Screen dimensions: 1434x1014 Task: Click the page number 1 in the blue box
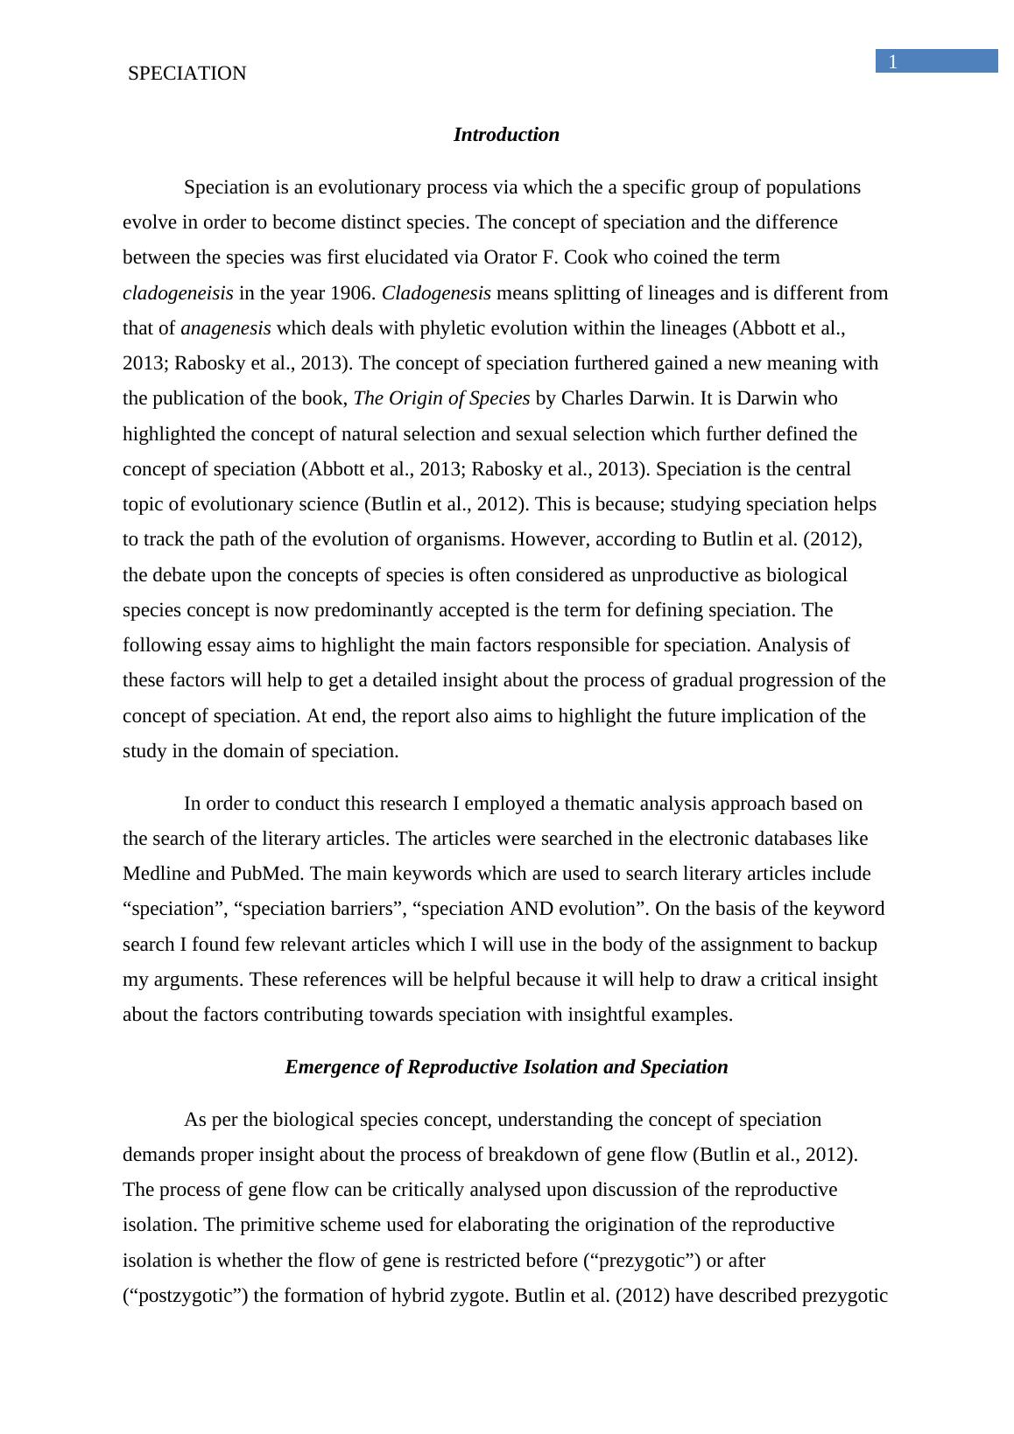893,61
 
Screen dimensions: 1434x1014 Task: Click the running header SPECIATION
187,74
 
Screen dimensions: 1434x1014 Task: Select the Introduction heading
506,135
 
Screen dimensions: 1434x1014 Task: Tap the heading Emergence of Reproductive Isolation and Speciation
506,1067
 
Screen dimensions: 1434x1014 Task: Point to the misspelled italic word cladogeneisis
178,293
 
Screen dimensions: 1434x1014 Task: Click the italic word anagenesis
226,328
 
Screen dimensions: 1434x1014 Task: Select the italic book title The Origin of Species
441,398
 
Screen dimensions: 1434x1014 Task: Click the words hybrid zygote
451,1296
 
